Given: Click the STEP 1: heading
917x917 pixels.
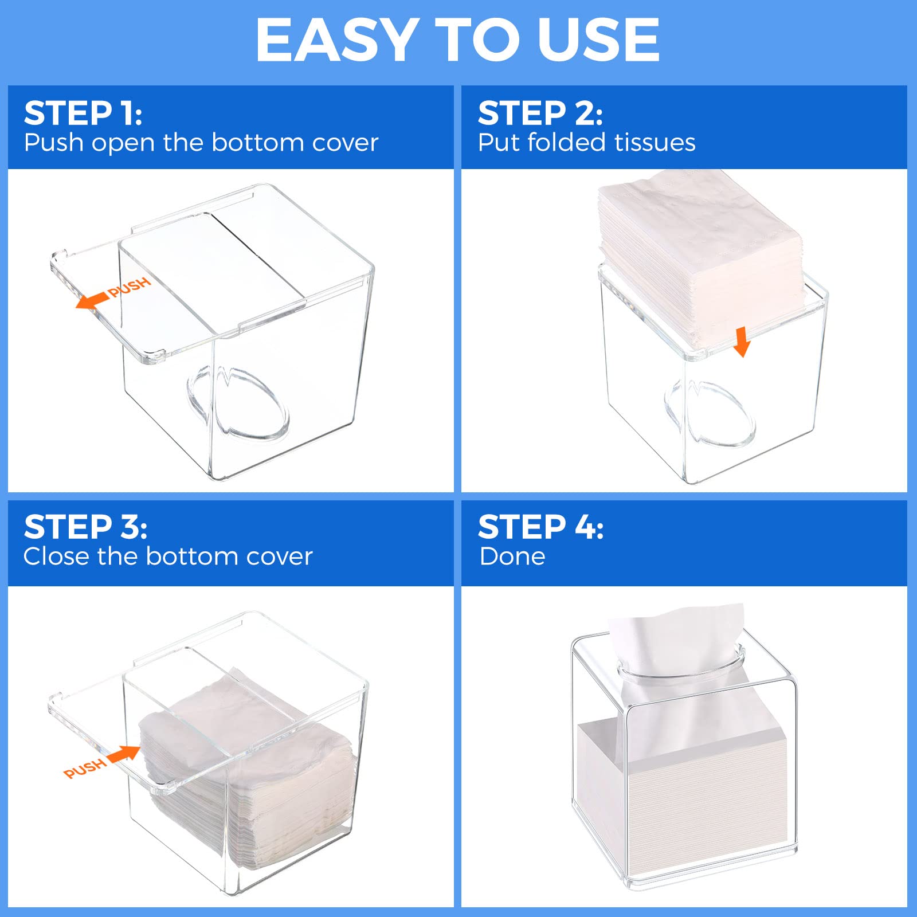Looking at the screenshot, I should click(x=83, y=113).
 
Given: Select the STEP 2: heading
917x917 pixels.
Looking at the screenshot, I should click(x=540, y=113).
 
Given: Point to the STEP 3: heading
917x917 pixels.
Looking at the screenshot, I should click(x=85, y=527).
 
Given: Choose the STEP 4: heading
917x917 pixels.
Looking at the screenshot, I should click(x=540, y=527).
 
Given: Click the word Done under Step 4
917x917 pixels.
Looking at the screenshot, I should click(x=512, y=557).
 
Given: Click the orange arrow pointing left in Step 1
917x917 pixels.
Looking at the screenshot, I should click(x=92, y=300).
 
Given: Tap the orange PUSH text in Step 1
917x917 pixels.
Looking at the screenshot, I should click(x=130, y=287).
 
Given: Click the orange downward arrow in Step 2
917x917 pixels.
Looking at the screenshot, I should click(x=742, y=342).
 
